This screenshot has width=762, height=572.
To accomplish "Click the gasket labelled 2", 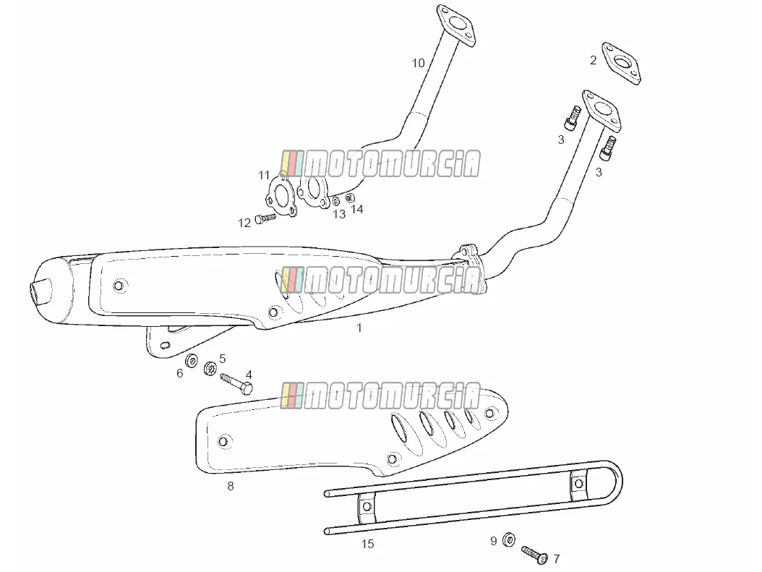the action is point(622,63).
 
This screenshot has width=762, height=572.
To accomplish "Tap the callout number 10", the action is point(418,63).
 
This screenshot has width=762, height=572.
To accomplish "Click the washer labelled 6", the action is point(192,361).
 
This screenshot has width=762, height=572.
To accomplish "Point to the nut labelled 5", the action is point(210,368).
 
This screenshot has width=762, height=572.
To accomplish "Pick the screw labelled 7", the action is point(534,555).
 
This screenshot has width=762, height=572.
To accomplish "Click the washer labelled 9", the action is point(509,539).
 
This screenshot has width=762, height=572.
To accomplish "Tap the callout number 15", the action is point(368,544).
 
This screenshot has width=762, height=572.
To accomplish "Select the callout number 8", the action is point(231,486).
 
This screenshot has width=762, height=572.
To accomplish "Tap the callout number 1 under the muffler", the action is point(359,328).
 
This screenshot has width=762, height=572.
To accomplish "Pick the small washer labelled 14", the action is point(350,198).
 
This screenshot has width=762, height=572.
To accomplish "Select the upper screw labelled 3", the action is point(573,116).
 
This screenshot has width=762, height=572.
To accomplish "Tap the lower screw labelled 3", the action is point(607,148).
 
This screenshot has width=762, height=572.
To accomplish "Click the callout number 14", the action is point(357,209).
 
